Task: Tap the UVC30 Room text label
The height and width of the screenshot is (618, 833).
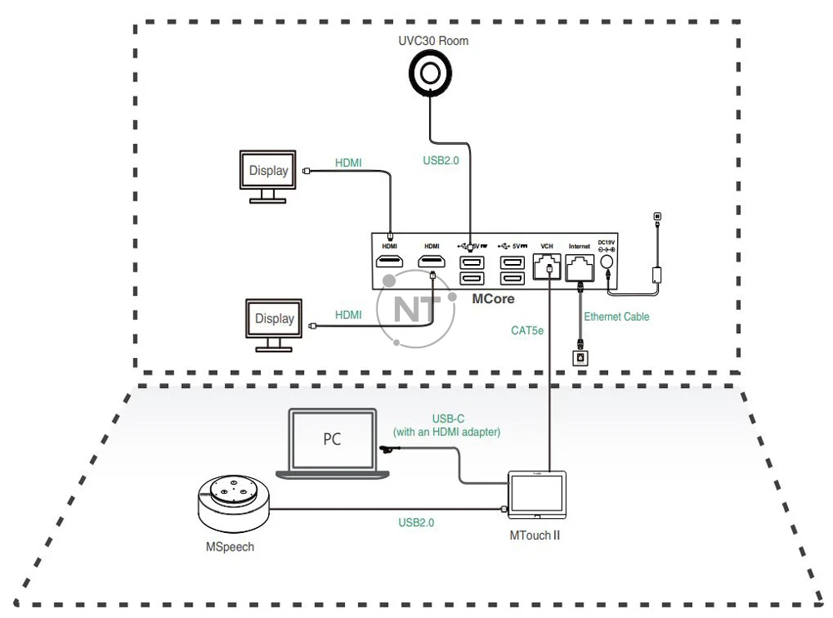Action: (x=433, y=40)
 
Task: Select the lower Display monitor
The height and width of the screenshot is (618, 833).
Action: (x=274, y=321)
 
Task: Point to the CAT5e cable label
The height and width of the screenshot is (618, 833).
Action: (x=527, y=331)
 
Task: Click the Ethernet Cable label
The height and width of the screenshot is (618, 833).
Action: (x=616, y=316)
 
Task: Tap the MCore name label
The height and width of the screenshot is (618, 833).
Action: (x=493, y=298)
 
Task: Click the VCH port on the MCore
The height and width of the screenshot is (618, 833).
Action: (x=547, y=267)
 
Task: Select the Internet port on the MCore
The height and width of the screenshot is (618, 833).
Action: (x=579, y=267)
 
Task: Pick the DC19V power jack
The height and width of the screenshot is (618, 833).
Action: (x=606, y=262)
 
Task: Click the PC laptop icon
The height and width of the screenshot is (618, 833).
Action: (x=332, y=442)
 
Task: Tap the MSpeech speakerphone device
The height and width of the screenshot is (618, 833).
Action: (x=232, y=504)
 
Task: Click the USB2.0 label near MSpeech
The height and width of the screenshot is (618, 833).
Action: (x=416, y=523)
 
